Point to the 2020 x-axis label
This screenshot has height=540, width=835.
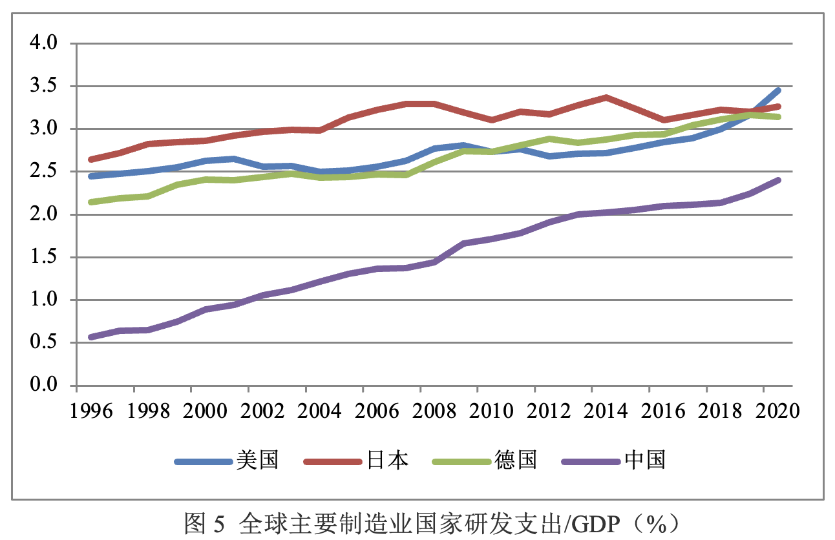pos(778,411)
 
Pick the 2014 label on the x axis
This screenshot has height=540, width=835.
pos(607,411)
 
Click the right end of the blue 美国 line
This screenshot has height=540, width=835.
pos(779,90)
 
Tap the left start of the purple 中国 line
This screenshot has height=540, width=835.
pos(91,337)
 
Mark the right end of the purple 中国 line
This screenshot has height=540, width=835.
pos(779,180)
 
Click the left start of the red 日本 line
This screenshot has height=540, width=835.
pos(91,160)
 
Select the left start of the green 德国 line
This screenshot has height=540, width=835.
pos(91,202)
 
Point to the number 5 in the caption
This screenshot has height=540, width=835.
pos(218,523)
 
